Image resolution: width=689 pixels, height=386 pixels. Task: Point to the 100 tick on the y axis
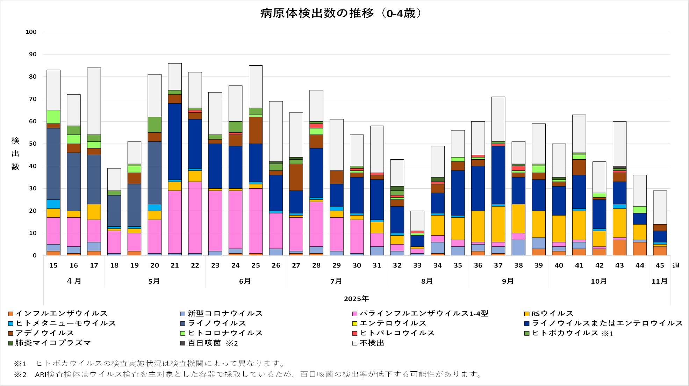pyautogui.click(x=31, y=32)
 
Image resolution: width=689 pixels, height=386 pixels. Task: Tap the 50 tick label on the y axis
pyautogui.click(x=33, y=144)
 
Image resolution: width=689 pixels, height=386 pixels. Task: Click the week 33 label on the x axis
pyautogui.click(x=417, y=265)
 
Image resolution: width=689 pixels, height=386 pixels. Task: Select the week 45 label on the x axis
pyautogui.click(x=660, y=265)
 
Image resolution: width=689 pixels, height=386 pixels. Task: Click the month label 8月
pyautogui.click(x=427, y=281)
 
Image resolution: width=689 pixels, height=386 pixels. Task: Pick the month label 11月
pyautogui.click(x=660, y=281)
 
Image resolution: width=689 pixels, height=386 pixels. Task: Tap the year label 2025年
pyautogui.click(x=356, y=299)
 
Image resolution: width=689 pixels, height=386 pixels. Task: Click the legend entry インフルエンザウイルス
pyautogui.click(x=61, y=313)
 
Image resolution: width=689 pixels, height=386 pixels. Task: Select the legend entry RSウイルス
pyautogui.click(x=552, y=313)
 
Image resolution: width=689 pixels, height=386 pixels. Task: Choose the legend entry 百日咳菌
pyautogui.click(x=204, y=343)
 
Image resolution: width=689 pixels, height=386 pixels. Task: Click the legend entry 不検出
pyautogui.click(x=372, y=343)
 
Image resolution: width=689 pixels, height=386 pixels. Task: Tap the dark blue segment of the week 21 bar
pyautogui.click(x=175, y=141)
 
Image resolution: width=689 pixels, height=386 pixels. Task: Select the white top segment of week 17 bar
pyautogui.click(x=94, y=101)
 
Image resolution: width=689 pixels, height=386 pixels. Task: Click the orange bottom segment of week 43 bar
pyautogui.click(x=619, y=248)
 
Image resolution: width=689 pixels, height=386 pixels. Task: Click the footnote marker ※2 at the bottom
pyautogui.click(x=20, y=374)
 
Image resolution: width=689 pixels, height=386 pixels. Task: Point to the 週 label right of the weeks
pyautogui.click(x=676, y=265)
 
